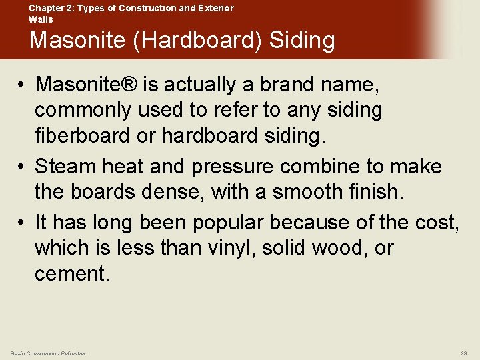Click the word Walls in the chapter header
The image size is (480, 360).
point(41,19)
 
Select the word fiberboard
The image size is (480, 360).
point(84,135)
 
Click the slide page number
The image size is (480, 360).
point(463,353)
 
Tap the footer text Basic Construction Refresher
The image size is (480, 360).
point(48,353)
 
